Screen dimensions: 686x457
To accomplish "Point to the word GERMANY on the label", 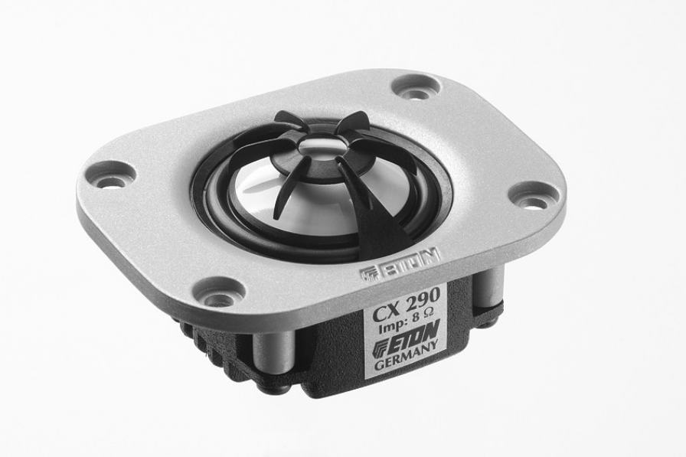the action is [406, 358].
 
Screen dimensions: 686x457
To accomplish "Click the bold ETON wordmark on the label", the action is [414, 338].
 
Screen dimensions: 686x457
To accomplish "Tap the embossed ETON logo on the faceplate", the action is [399, 265].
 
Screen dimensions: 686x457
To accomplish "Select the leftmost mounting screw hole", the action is [107, 178].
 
